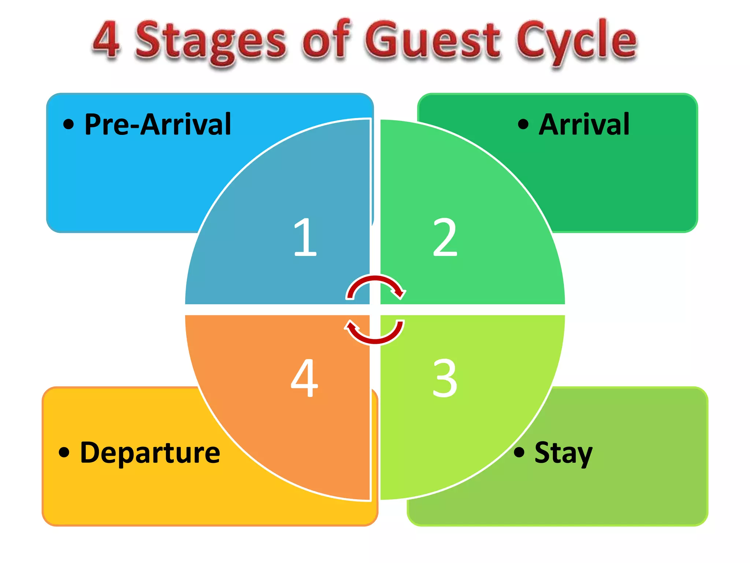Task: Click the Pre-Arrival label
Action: coord(158,125)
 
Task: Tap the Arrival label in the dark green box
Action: coord(584,125)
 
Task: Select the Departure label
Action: coord(150,453)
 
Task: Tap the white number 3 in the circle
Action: coord(445,378)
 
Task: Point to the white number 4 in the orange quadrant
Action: coord(304,378)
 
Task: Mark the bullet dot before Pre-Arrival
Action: coord(68,124)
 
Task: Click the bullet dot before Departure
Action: coord(64,452)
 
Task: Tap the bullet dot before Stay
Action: coord(519,452)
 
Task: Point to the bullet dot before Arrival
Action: coord(523,124)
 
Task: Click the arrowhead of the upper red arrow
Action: coord(399,293)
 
